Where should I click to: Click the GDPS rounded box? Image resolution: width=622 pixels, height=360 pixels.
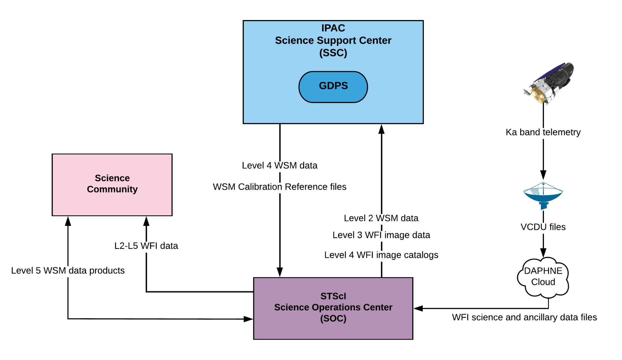pyautogui.click(x=333, y=87)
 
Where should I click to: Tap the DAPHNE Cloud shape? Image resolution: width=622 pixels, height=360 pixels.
pyautogui.click(x=543, y=277)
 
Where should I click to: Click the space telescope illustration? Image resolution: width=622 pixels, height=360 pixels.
pyautogui.click(x=549, y=83)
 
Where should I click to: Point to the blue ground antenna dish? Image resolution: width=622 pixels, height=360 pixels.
pyautogui.click(x=543, y=195)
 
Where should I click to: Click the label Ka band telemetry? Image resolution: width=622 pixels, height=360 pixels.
pyautogui.click(x=543, y=132)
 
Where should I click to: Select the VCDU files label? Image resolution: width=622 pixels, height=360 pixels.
pyautogui.click(x=543, y=227)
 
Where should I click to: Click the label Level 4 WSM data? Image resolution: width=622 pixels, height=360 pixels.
pyautogui.click(x=279, y=165)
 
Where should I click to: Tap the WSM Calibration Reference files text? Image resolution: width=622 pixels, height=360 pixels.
pyautogui.click(x=279, y=187)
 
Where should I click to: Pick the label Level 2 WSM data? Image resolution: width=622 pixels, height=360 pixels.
pyautogui.click(x=381, y=218)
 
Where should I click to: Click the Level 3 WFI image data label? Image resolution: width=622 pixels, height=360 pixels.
pyautogui.click(x=381, y=235)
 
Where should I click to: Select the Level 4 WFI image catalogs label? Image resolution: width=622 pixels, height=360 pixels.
pyautogui.click(x=381, y=255)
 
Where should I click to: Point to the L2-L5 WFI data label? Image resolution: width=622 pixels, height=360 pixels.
pyautogui.click(x=146, y=246)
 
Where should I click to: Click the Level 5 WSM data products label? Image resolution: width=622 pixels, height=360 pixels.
pyautogui.click(x=68, y=270)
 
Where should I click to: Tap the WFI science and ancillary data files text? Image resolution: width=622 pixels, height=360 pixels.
pyautogui.click(x=524, y=317)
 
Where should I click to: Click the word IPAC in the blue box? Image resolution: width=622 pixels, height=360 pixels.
pyautogui.click(x=333, y=28)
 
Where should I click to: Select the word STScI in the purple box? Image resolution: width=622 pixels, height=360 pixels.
pyautogui.click(x=333, y=296)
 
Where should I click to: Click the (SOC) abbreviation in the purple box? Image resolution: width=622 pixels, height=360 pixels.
pyautogui.click(x=333, y=318)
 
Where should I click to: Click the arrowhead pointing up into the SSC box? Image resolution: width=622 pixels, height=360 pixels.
pyautogui.click(x=381, y=129)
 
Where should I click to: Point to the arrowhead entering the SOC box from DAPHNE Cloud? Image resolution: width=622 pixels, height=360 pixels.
pyautogui.click(x=418, y=308)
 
